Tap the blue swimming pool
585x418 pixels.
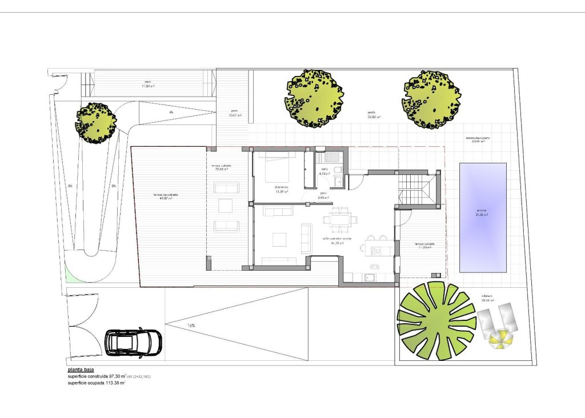click(x=483, y=217)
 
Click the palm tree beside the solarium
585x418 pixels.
click(x=436, y=320)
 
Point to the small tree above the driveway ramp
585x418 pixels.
click(x=95, y=123)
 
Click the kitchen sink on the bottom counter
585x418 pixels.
click(x=369, y=278)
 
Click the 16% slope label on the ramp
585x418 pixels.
click(x=191, y=325)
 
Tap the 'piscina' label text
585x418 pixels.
click(x=482, y=211)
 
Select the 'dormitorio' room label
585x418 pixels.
click(x=281, y=187)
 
